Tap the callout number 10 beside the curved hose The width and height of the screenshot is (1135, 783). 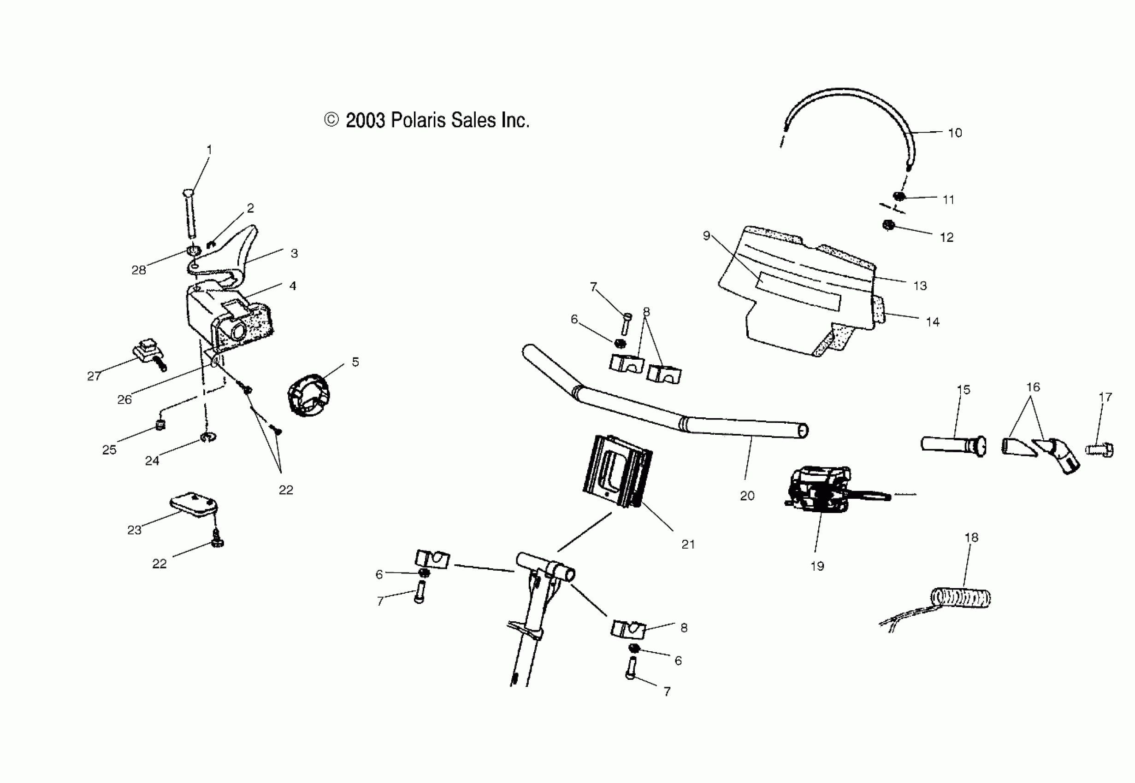pos(954,133)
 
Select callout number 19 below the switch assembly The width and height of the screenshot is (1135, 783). pos(817,566)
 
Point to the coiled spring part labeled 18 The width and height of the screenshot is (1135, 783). pos(961,598)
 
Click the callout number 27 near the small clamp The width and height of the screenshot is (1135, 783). pos(94,376)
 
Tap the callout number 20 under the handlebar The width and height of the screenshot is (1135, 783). pos(747,496)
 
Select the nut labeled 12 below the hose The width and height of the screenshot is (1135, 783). pos(887,225)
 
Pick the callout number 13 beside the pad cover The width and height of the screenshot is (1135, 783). pos(920,286)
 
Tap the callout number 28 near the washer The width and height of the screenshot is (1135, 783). pos(138,270)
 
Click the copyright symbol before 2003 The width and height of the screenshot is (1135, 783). pos(331,120)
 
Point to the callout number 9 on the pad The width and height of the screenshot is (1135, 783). pos(706,236)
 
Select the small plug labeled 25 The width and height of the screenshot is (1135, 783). pos(160,425)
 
